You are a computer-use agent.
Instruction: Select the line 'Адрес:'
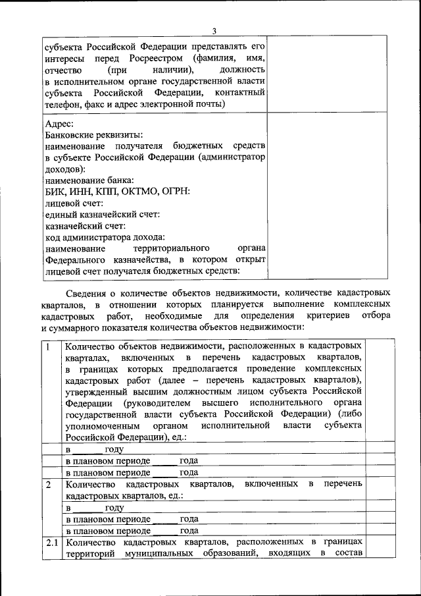coord(59,123)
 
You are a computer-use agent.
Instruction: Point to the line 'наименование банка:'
coord(89,180)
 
